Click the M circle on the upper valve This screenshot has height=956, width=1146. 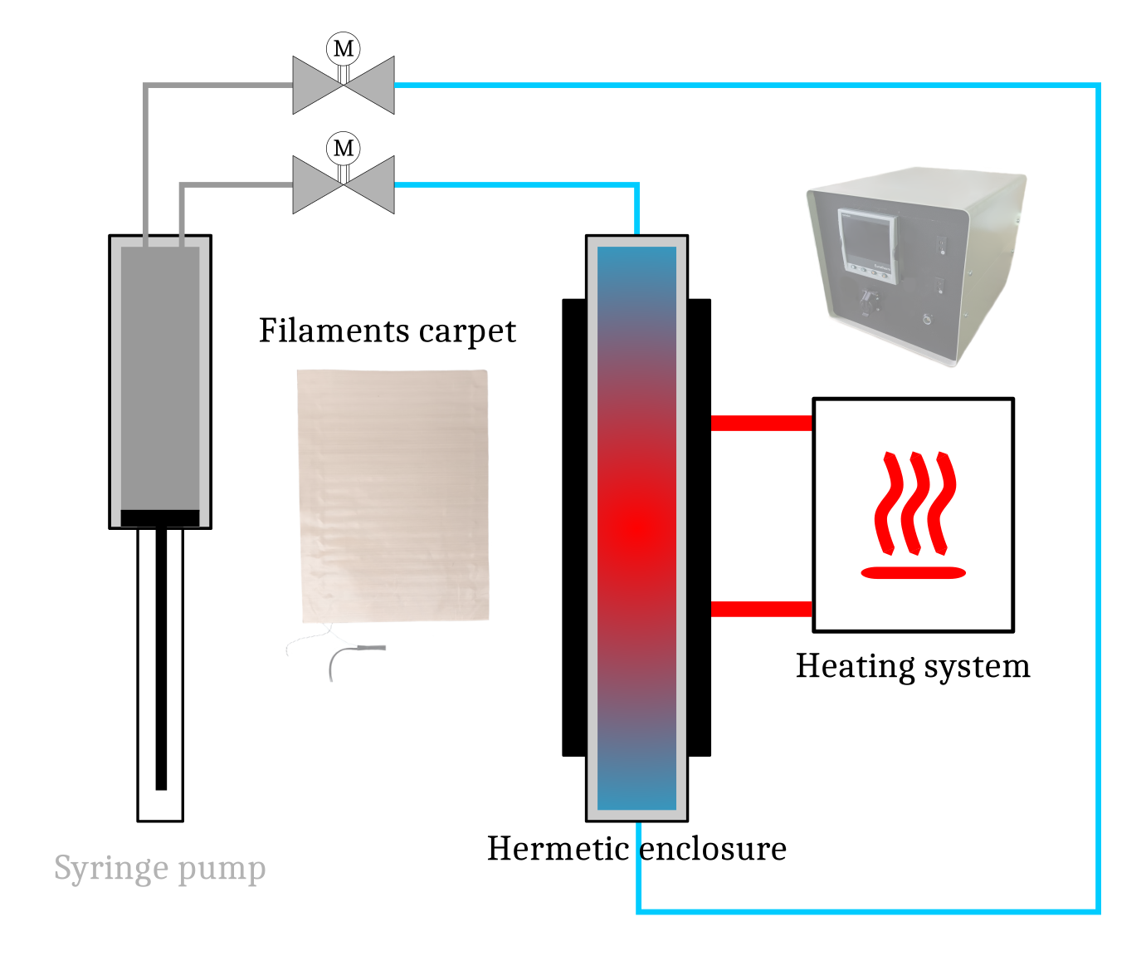coord(343,48)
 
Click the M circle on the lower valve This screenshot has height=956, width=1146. coord(343,148)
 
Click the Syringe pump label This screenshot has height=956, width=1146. coord(159,869)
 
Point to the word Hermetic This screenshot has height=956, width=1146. coord(558,849)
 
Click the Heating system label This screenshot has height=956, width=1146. coord(913,666)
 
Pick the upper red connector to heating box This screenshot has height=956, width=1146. coord(761,423)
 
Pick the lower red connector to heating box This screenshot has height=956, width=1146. coord(761,609)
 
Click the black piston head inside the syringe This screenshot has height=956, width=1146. coord(160,518)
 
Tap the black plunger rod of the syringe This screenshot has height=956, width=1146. coord(161,664)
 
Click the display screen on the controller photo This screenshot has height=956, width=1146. coord(868,240)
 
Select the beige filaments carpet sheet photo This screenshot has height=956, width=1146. coord(393,495)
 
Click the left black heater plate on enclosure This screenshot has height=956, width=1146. coord(573,527)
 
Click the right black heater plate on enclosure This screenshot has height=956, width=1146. coord(700,527)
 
